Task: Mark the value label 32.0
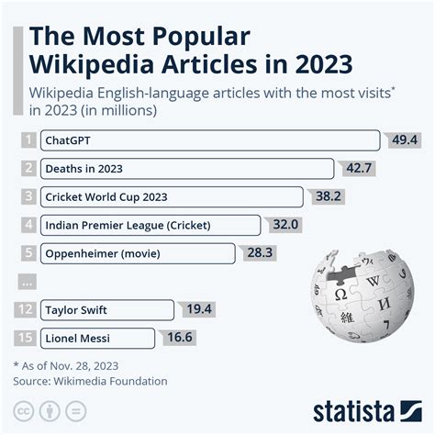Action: (x=285, y=225)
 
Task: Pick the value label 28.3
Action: (x=260, y=252)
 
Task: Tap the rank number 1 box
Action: (x=29, y=140)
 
